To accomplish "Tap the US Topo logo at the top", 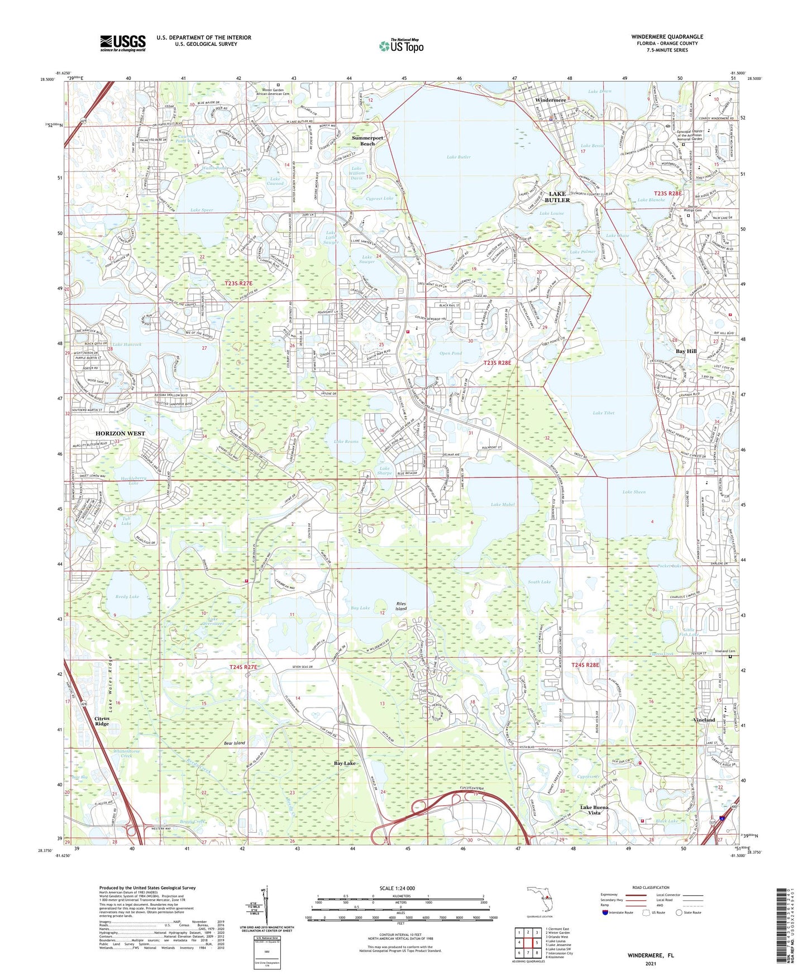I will pos(400,46).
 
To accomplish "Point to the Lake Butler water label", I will pos(459,157).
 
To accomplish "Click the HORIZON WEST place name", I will pos(120,433).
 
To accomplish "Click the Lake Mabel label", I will pos(503,504).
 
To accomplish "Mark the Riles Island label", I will pos(401,606).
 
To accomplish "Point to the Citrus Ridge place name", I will pos(102,721).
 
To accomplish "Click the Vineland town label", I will pos(704,720).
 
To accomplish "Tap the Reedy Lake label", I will pos(127,596).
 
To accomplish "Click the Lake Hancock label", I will pos(127,345).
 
